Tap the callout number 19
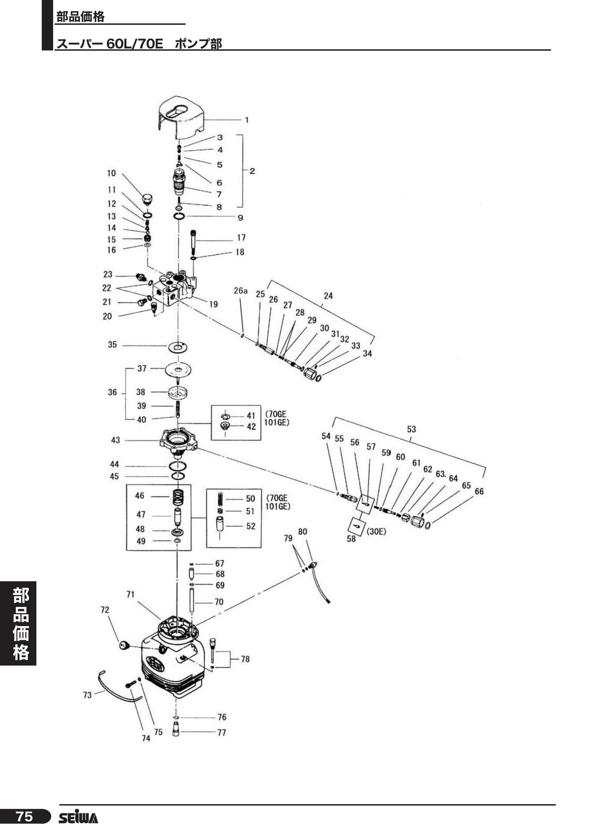click(x=214, y=304)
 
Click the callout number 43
click(x=115, y=440)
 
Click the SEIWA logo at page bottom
click(x=78, y=817)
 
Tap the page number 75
click(x=24, y=817)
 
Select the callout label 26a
click(x=240, y=291)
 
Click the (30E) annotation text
click(x=376, y=532)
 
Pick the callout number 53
click(x=411, y=429)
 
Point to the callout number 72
click(x=105, y=610)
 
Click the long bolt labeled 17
click(x=193, y=242)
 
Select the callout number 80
click(x=302, y=532)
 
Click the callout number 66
click(x=479, y=491)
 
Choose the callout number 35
click(x=112, y=344)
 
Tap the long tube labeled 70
click(x=192, y=600)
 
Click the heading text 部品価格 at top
click(x=81, y=17)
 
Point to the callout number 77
click(x=221, y=732)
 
